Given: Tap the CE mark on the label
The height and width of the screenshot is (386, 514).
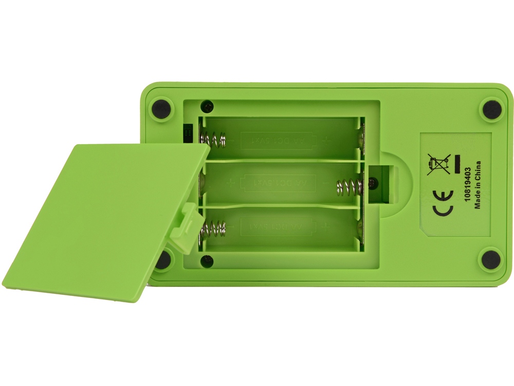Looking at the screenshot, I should point(442,196).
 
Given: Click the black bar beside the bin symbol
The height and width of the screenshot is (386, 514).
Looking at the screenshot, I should point(456,166).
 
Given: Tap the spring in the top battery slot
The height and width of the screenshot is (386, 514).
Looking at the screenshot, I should point(213,138).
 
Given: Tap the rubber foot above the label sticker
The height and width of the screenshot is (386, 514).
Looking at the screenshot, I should point(490,109).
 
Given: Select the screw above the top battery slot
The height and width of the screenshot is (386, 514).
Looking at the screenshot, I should point(207,107).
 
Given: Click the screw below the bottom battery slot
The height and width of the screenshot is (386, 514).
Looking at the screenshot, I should point(206,259).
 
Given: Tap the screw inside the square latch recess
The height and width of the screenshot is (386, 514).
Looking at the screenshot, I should point(372,182).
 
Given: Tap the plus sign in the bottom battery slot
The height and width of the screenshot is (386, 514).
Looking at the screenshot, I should point(325,226).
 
